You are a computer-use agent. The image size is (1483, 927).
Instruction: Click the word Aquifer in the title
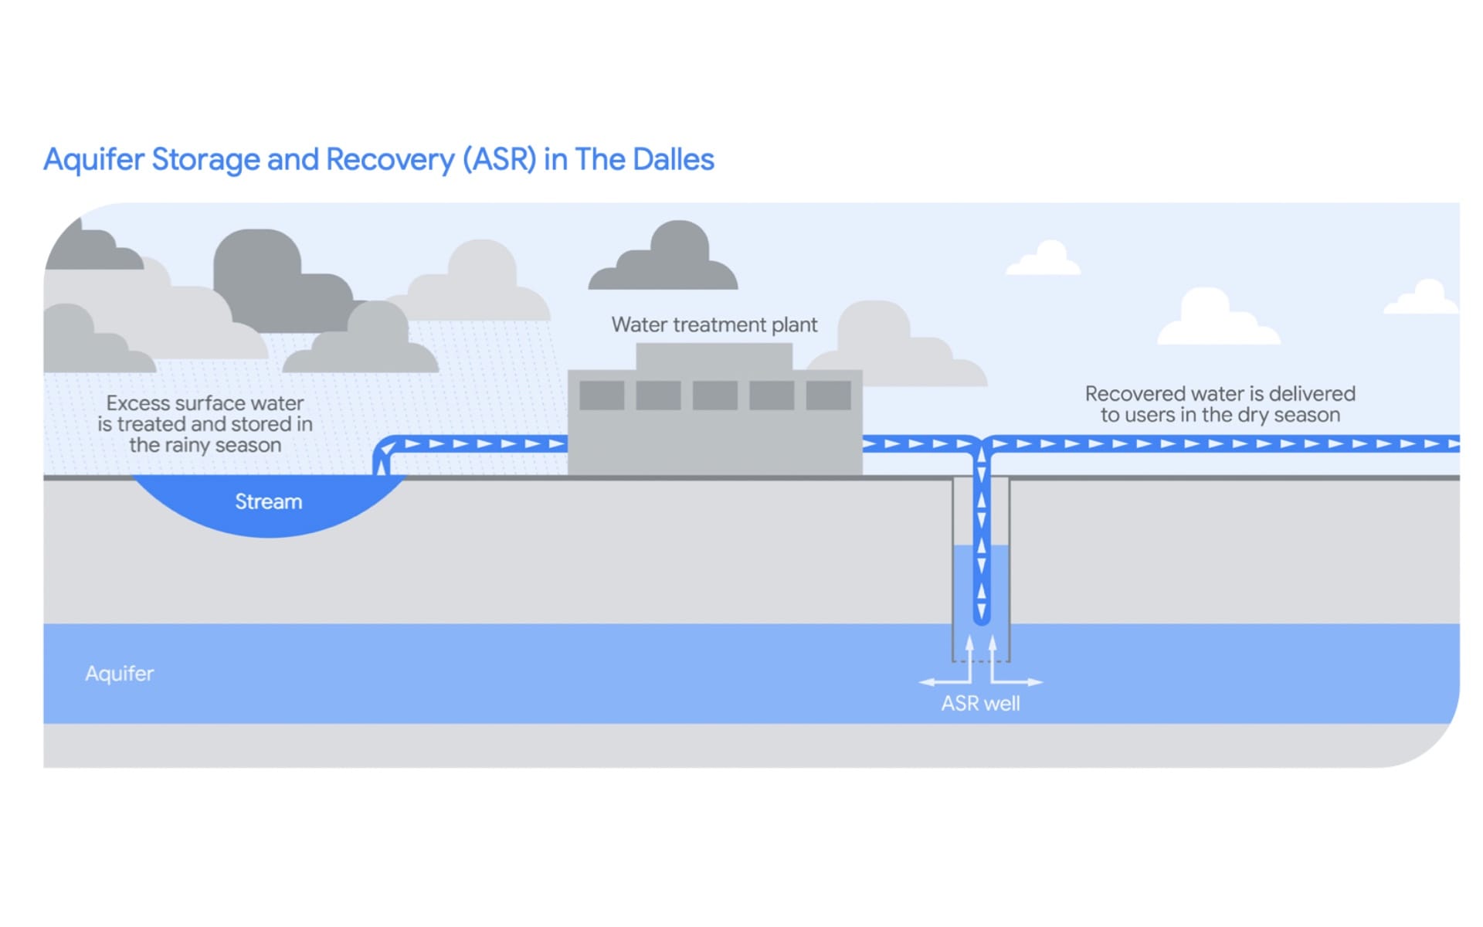click(93, 160)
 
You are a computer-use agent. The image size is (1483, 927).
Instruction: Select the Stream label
click(268, 502)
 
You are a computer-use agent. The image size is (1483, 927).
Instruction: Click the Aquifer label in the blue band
click(120, 674)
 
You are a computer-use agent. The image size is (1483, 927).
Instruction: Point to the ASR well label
click(980, 704)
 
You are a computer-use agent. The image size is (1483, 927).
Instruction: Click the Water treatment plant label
click(714, 325)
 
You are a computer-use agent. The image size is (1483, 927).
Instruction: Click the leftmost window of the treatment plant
click(602, 396)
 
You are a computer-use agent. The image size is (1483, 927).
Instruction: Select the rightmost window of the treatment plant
click(828, 396)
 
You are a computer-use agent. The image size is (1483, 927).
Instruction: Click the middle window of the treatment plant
click(714, 396)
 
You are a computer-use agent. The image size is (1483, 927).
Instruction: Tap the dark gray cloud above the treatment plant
click(664, 259)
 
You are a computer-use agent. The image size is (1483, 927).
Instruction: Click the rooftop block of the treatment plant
click(714, 356)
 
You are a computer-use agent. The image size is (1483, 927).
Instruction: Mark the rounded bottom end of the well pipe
click(982, 618)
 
